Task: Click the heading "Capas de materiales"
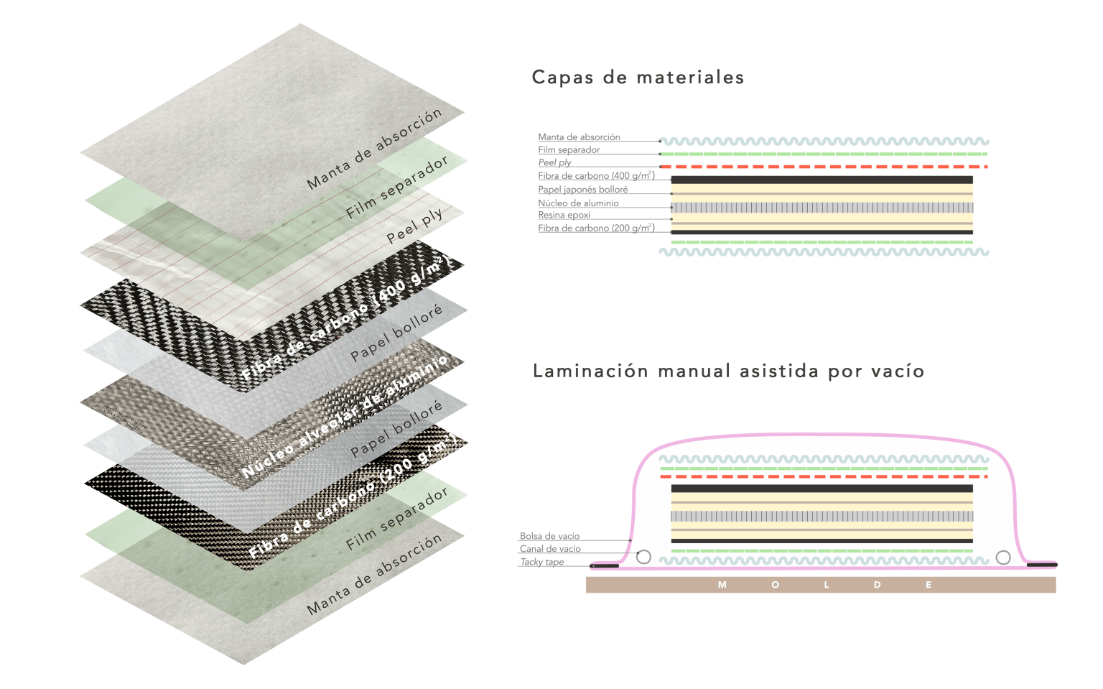[x=638, y=78]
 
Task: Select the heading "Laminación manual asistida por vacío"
[x=728, y=371]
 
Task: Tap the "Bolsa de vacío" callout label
[x=549, y=536]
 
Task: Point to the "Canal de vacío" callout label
[x=550, y=549]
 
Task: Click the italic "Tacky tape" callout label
[x=542, y=562]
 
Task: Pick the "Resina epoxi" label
[x=564, y=215]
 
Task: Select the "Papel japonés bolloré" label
[x=583, y=190]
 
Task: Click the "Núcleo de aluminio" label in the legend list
[x=578, y=203]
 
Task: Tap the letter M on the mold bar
[x=722, y=585]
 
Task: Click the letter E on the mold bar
[x=929, y=585]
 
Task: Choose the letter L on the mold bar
[x=827, y=585]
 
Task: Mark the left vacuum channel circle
[x=643, y=557]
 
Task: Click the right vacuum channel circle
[x=1003, y=558]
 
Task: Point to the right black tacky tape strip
[x=1042, y=565]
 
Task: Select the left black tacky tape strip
[x=605, y=566]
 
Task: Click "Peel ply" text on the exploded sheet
[x=415, y=226]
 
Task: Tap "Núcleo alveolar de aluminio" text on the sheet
[x=345, y=417]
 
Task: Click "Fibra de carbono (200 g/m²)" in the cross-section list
[x=596, y=228]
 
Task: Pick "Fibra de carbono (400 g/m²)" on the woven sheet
[x=345, y=320]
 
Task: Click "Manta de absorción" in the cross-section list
[x=579, y=137]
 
